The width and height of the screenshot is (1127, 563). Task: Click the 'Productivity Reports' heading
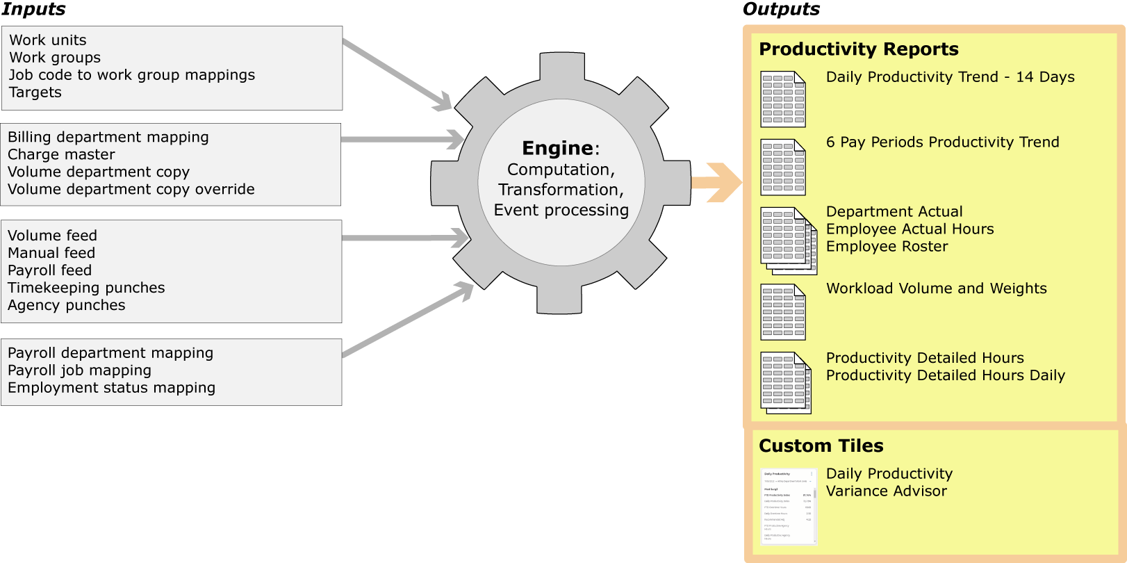tap(858, 49)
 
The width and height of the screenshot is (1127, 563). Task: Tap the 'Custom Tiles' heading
tap(821, 446)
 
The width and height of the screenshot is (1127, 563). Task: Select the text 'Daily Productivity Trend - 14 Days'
tap(950, 77)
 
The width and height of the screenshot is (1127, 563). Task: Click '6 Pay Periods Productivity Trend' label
tap(942, 142)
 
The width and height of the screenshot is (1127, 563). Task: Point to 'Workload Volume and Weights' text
tap(936, 288)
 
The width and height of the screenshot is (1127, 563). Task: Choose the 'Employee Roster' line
tap(887, 247)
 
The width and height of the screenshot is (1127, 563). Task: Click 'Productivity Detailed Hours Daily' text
tap(945, 375)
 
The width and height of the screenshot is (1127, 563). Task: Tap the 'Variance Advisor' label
tap(886, 491)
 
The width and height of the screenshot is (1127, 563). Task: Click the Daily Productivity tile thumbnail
tap(788, 506)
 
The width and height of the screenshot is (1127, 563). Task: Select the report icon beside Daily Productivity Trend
tap(782, 99)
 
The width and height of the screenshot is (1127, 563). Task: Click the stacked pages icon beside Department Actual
tap(787, 240)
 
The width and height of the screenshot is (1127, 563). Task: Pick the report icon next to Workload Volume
tap(782, 312)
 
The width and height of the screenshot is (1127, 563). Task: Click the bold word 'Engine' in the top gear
tap(557, 148)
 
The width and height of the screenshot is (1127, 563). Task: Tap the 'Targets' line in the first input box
tap(35, 92)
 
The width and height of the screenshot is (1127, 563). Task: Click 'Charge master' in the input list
tap(61, 155)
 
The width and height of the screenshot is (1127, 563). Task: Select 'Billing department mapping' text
tap(108, 138)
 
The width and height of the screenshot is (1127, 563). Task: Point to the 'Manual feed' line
tap(51, 254)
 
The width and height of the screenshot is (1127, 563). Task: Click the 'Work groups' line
tap(55, 58)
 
